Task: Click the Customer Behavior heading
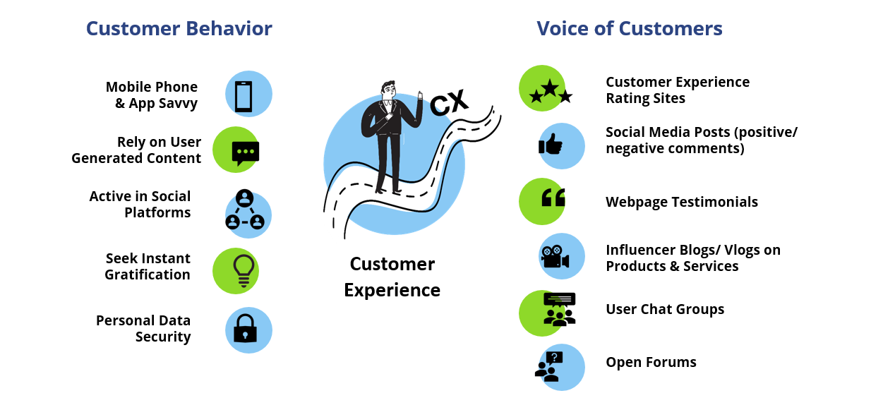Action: coord(179,28)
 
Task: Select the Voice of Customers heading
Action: coord(629,28)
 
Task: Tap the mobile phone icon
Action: coord(244,97)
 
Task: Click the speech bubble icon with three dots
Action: coord(245,152)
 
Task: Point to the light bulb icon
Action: coord(243,270)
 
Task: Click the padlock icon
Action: coord(245,328)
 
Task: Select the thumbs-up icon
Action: coord(551,145)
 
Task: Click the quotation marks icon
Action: coord(553,200)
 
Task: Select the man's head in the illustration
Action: coord(389,90)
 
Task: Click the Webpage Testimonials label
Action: coord(681,202)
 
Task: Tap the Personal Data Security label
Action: coord(143,329)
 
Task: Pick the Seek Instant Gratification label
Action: coord(148,267)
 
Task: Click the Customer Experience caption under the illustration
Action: coord(392,277)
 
